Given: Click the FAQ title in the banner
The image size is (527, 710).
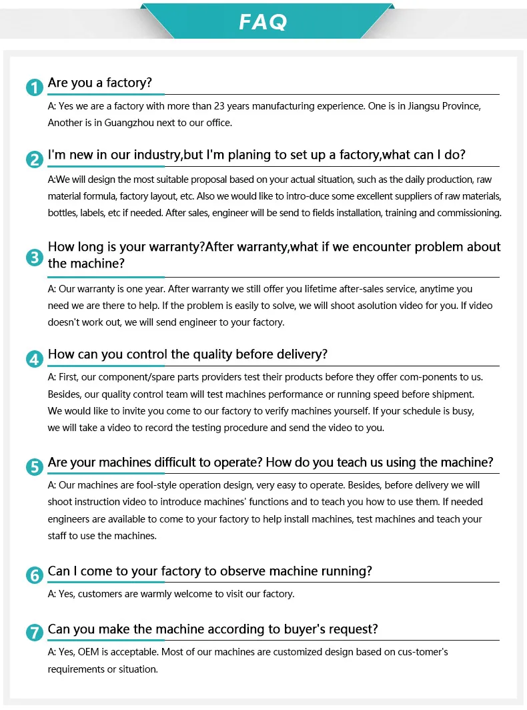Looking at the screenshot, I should [x=263, y=22].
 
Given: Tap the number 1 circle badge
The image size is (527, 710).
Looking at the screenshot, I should [x=34, y=87].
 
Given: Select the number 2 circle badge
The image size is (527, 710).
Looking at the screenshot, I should [x=34, y=159].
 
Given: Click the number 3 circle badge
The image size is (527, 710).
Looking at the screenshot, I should [x=34, y=257].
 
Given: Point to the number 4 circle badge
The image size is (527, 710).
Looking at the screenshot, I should [x=34, y=359].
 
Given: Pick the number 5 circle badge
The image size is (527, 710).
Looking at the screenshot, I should [x=34, y=467].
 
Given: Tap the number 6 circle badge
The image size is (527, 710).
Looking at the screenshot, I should [x=34, y=575].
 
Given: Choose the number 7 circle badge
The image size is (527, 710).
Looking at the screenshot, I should [x=34, y=633].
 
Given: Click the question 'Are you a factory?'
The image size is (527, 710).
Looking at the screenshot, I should [x=100, y=83].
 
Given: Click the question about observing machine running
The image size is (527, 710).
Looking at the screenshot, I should [x=209, y=571].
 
